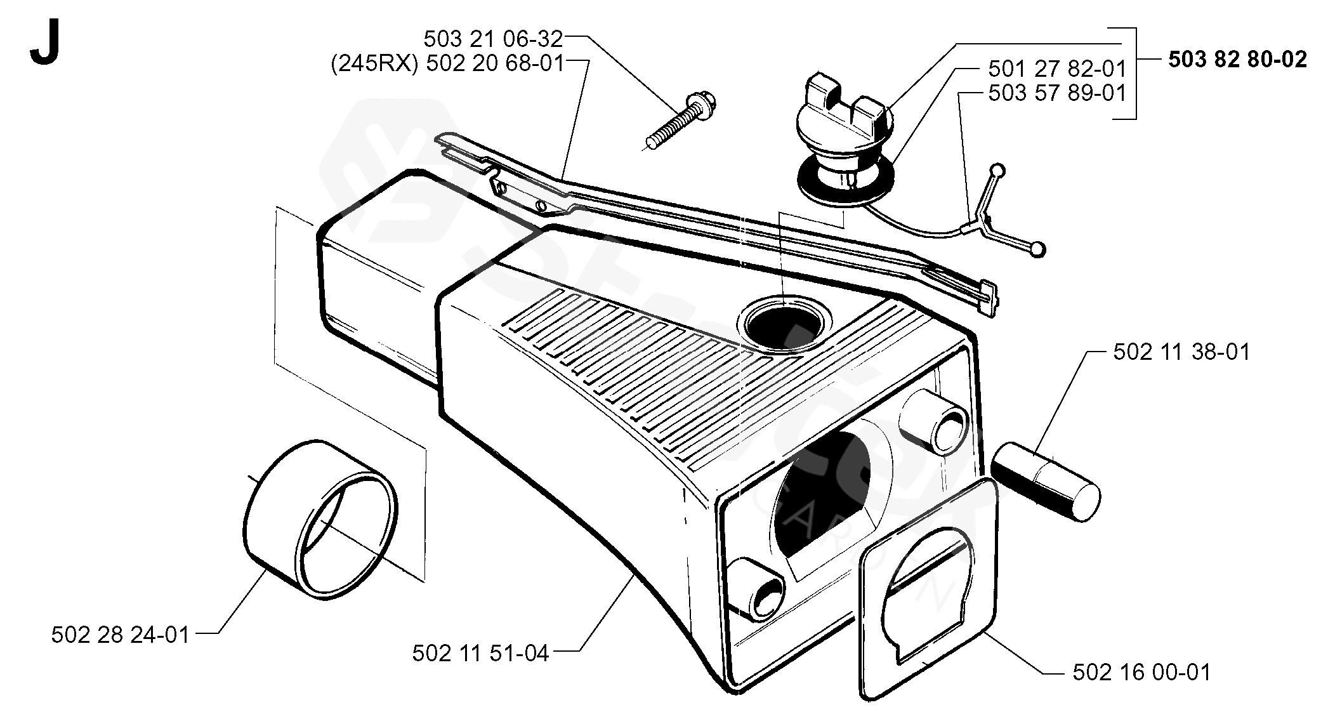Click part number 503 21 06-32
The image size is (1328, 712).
click(493, 39)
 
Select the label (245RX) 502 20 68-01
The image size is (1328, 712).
click(447, 64)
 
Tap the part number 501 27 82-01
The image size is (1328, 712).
click(1056, 69)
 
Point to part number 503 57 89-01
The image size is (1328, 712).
click(1056, 93)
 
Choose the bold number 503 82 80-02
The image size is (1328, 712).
click(1237, 60)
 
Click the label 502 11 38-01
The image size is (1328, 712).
click(1181, 352)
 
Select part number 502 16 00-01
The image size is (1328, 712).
click(1141, 672)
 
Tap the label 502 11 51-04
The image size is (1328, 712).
click(480, 653)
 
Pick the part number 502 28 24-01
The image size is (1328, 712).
click(121, 635)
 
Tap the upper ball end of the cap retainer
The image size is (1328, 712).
click(999, 170)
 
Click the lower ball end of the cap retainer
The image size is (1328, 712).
click(1037, 249)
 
